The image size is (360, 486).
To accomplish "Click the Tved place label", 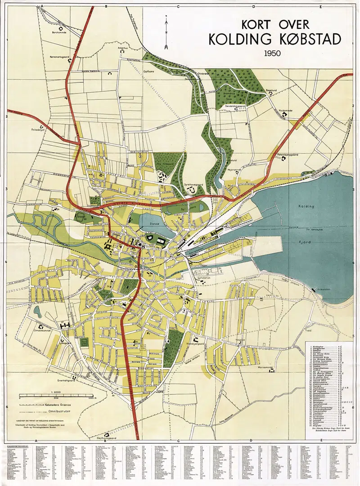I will click(x=321, y=330).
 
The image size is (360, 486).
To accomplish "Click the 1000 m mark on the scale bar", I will click(x=92, y=398).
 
